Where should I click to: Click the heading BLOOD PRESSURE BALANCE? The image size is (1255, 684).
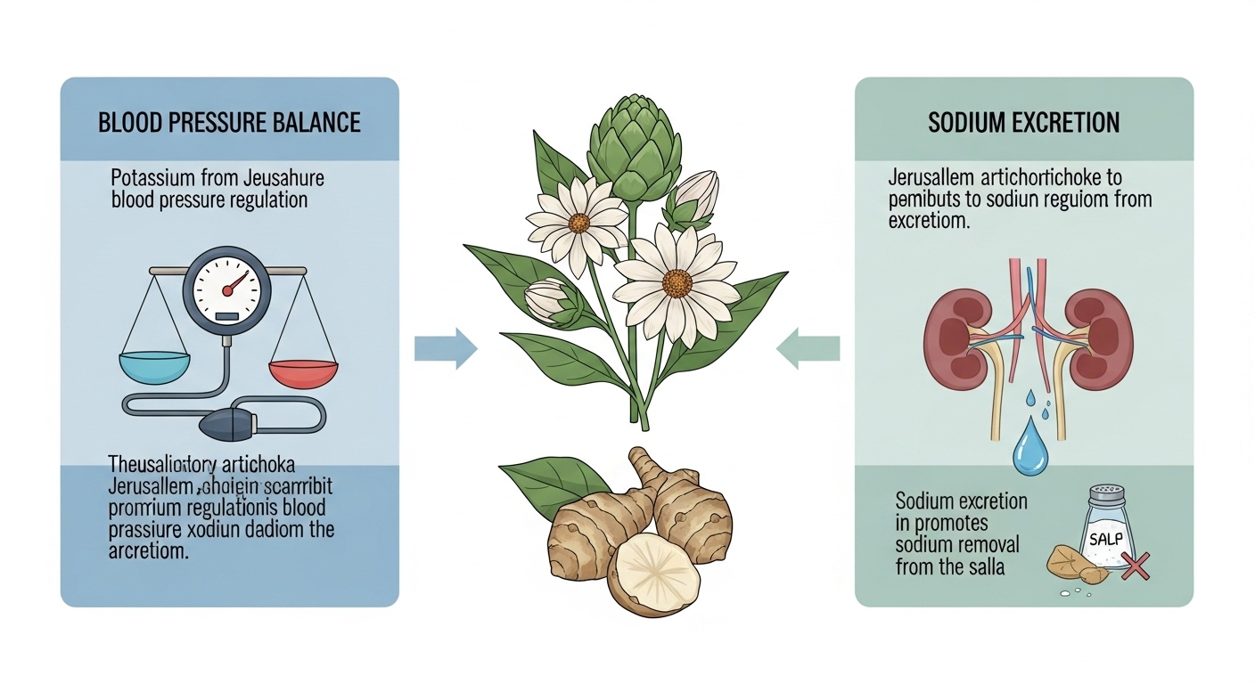(229, 122)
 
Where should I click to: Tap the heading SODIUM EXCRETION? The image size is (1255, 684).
(1023, 122)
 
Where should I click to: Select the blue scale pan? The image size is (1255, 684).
(154, 367)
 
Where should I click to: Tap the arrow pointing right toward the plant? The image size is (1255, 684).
(446, 347)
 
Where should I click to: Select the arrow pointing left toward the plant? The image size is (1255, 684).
(808, 347)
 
